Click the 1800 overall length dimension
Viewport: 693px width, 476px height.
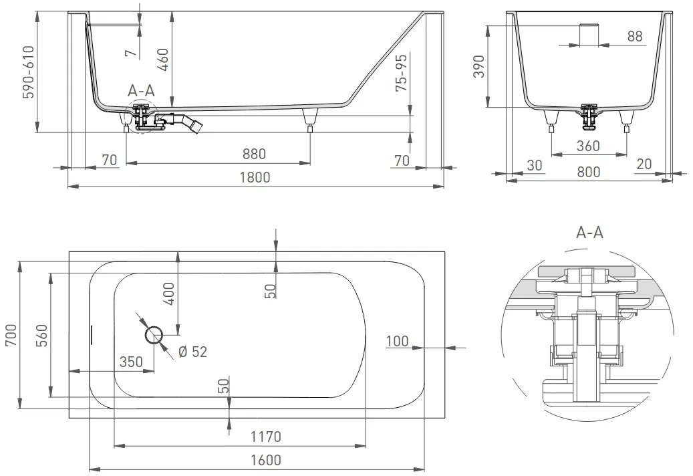(255, 177)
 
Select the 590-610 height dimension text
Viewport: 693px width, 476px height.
(29, 72)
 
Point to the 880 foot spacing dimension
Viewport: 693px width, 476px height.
(254, 154)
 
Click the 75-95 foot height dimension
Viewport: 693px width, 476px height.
(402, 74)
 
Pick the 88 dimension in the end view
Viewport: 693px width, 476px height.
(635, 36)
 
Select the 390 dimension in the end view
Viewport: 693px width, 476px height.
(479, 66)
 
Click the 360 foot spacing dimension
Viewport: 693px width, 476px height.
(588, 146)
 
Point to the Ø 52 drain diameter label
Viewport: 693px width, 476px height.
(192, 352)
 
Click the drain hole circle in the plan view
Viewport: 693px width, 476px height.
(154, 335)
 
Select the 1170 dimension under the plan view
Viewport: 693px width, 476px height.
(265, 437)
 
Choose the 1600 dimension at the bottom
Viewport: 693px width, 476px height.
(265, 460)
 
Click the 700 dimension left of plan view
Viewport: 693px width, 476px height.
(11, 335)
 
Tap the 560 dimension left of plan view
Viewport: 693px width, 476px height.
(41, 335)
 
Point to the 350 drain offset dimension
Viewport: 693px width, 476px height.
(131, 362)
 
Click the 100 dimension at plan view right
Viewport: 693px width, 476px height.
(398, 341)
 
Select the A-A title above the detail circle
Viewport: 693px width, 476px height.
(589, 232)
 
